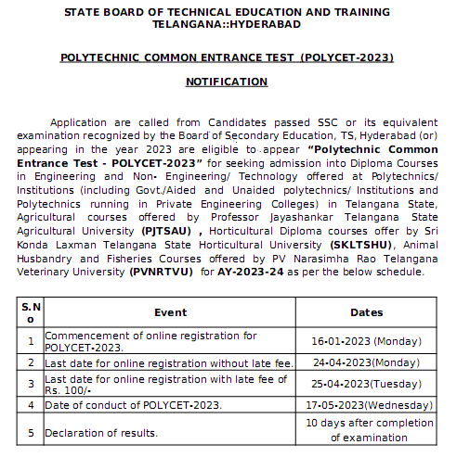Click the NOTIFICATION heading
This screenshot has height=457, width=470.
point(227,82)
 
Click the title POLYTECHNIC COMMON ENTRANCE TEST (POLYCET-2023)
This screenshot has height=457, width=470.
point(227,57)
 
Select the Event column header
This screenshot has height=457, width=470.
point(171,313)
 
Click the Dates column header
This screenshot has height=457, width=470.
point(367,313)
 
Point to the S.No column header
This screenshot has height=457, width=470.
point(31,313)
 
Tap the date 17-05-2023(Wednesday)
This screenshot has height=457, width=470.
point(367,405)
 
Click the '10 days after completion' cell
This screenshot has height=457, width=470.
point(367,422)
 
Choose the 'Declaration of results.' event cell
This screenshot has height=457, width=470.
point(101,433)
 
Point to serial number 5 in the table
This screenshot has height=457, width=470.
point(31,432)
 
